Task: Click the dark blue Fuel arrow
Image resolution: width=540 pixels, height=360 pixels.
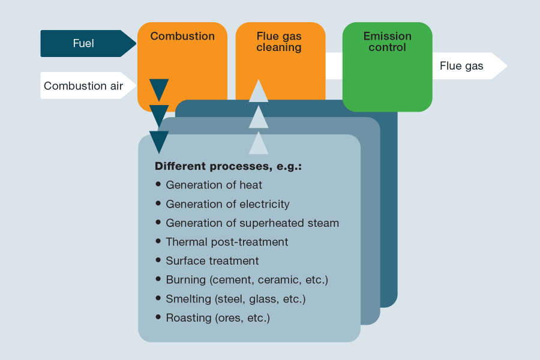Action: coord(84,43)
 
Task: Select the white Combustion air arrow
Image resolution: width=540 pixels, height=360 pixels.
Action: coord(84,86)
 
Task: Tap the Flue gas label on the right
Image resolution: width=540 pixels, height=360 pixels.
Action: coord(461,66)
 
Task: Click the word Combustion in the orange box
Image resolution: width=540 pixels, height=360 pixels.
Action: coord(182,36)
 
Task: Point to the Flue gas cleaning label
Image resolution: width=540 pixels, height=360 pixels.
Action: coord(279,42)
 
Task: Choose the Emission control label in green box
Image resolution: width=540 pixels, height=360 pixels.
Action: coord(387,42)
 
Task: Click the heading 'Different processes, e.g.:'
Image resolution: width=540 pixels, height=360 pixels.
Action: coord(228,166)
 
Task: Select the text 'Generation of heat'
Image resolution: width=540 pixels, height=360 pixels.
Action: coord(214,185)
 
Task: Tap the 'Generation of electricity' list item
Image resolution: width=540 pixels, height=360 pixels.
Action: coord(227,205)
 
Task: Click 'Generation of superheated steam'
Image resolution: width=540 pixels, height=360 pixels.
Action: coord(252,223)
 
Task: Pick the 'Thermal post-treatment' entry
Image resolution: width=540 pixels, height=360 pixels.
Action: coord(227,242)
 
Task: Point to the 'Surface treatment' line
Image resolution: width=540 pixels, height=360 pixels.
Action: coord(212,261)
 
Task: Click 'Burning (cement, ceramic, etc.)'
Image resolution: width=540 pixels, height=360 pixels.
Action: coord(247,280)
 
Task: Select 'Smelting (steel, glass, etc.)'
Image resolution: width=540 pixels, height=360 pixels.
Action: coord(236,299)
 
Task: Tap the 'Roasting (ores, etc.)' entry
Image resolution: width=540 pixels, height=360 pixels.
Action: coord(218,318)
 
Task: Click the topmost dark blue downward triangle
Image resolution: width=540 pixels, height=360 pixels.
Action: coord(159,89)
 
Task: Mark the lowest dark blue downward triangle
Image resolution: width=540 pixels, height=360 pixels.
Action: coord(159,141)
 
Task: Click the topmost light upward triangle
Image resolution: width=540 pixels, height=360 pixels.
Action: coord(259,92)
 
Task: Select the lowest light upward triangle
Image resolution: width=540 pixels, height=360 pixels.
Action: coord(259,144)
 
